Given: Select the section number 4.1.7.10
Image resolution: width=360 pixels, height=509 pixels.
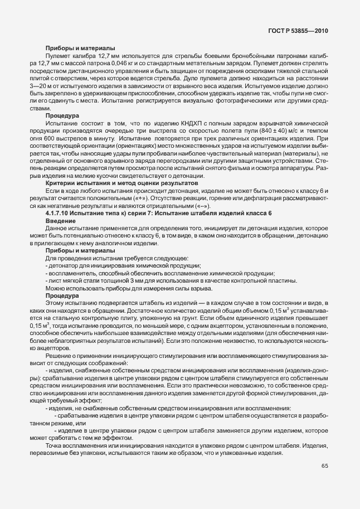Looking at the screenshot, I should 59,214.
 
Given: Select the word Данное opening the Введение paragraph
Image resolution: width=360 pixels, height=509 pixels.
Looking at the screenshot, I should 59,229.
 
